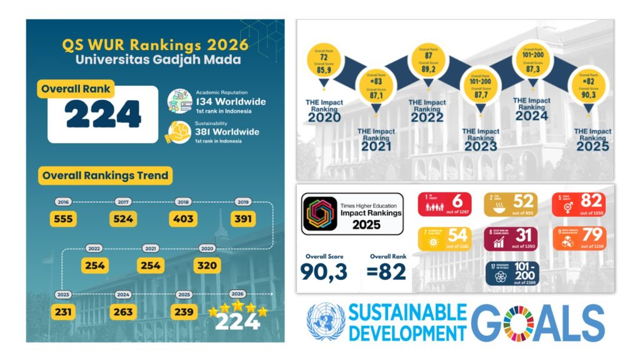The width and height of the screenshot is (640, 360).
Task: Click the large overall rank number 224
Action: coord(103,114)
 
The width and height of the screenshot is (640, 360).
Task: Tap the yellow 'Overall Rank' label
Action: coord(76,89)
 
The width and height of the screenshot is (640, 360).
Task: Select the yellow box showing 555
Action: coord(62,219)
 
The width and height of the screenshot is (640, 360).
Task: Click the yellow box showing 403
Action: coord(183,219)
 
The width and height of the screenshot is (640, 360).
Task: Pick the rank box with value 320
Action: coord(207,265)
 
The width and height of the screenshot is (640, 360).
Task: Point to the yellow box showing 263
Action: coord(123,311)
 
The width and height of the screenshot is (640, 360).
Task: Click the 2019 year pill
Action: coord(242,202)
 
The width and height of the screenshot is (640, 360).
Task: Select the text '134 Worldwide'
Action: coord(231,102)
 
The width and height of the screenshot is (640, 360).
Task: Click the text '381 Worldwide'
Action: coord(230,132)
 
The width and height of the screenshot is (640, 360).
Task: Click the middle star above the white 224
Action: coord(237,306)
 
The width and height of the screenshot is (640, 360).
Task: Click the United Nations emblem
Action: coord(325,322)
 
